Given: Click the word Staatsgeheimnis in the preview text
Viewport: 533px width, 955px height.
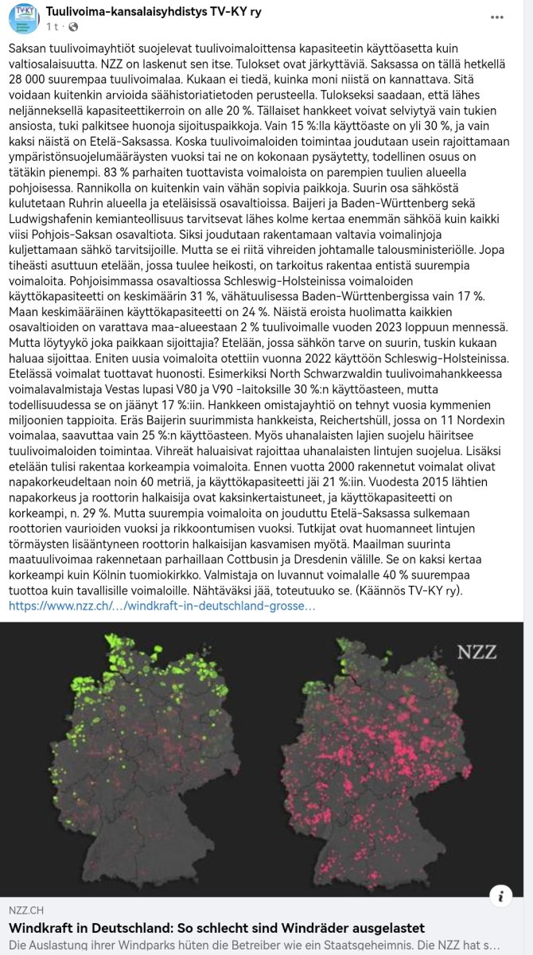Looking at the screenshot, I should coord(353,945).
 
